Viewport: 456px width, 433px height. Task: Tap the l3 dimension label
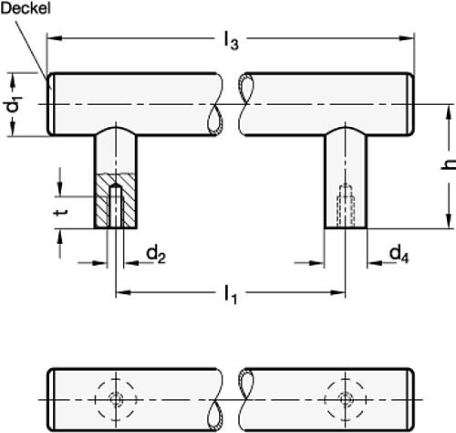pos(232,39)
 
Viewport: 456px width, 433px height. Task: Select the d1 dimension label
pos(13,108)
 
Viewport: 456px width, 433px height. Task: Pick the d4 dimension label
pos(399,252)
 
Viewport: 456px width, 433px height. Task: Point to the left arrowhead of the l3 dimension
pos(54,38)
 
